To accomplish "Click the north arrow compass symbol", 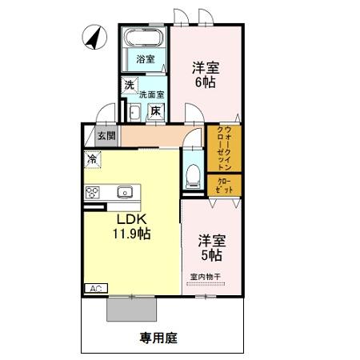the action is point(94,37).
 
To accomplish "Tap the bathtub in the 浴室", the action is point(144,38).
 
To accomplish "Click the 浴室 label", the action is point(146,59).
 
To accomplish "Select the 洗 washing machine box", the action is point(130,86).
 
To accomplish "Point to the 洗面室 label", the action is point(151,94).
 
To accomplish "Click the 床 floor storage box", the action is point(156,111).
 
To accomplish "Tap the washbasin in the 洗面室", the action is point(134,113).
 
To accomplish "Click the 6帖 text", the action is point(206,82).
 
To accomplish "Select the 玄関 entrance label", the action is point(106,136).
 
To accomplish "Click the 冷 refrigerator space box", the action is point(93,159).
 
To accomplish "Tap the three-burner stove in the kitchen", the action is point(92,193).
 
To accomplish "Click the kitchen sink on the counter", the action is point(125,192).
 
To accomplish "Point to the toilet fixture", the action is point(193,174).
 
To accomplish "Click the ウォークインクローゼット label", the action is point(224,148).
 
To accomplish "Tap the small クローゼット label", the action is point(225,186).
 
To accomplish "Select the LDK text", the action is point(132,219).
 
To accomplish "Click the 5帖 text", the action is point(211,255).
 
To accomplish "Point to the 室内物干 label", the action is point(206,277).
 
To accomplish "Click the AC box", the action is point(96,288).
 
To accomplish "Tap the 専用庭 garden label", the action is point(158,338).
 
